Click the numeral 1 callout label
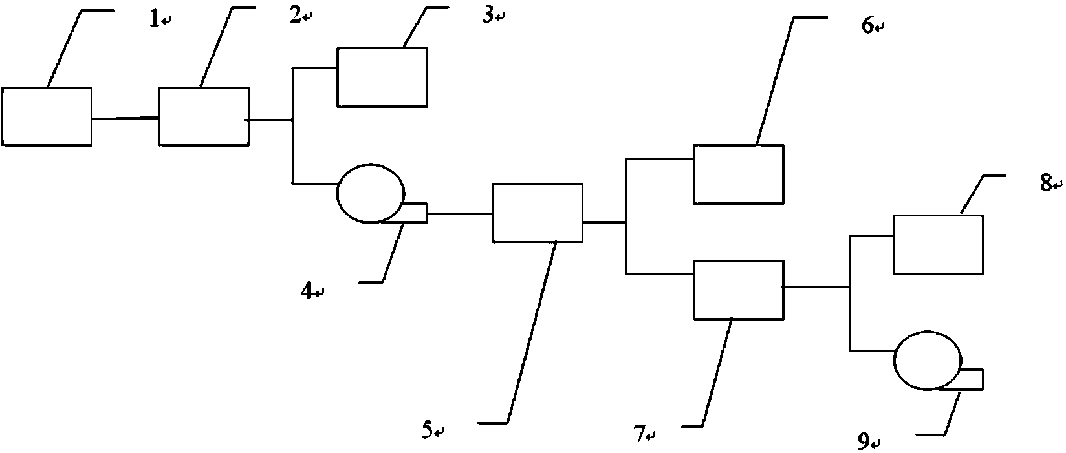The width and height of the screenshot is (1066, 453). pos(154,20)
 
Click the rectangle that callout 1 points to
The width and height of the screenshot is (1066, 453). pos(47,117)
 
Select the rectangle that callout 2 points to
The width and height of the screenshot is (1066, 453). pos(204,117)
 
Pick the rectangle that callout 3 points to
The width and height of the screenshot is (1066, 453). pos(382,77)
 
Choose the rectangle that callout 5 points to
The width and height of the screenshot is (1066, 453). pos(538,213)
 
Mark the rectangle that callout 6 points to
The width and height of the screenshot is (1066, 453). pos(738,174)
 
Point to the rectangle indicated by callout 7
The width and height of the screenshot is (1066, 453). pos(738,290)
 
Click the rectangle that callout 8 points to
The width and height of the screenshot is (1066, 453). pos(938,245)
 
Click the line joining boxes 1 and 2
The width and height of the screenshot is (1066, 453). pos(125,118)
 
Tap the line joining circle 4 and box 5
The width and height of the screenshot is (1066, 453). pos(460,213)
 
